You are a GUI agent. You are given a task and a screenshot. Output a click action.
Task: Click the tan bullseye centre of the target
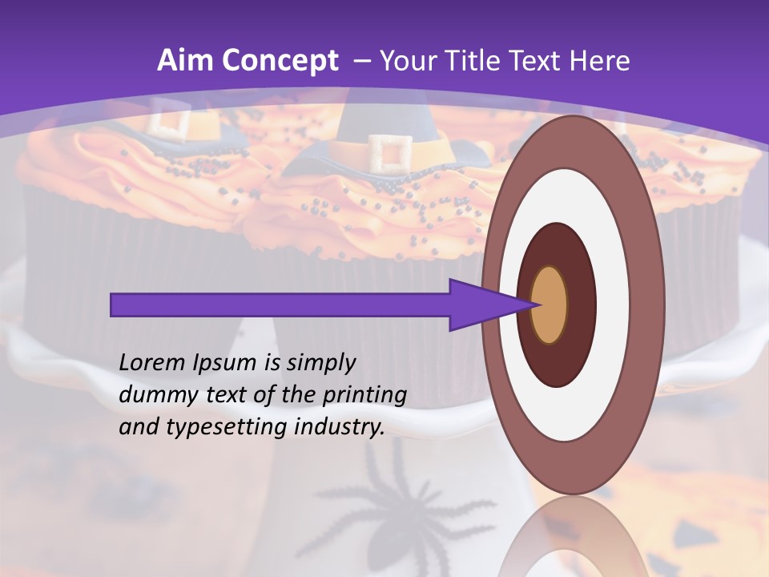point(550,305)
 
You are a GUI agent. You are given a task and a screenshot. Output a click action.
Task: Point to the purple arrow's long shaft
point(280,305)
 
